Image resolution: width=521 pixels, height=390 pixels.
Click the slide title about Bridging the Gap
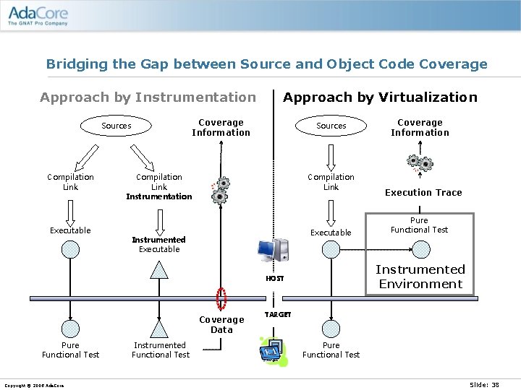point(266,64)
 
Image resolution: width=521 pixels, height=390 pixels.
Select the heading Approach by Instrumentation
point(148,97)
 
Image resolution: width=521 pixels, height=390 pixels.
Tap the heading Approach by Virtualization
point(380,97)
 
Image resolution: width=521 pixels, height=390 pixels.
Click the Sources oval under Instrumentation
point(117,126)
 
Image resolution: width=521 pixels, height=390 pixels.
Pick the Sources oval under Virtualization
point(331,126)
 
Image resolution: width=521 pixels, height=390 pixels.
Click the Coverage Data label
point(221,325)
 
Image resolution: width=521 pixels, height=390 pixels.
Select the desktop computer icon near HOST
point(274,250)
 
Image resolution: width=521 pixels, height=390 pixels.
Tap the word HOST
point(275,278)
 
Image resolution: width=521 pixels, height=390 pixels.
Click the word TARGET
point(278,315)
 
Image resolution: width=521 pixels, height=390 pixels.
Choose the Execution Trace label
point(423,193)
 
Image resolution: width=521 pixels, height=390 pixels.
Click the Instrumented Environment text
point(420,277)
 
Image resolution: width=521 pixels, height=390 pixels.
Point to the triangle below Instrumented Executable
point(158,269)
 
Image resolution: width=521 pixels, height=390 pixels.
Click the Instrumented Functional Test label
point(160,350)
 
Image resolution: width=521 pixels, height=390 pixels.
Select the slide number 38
point(484,385)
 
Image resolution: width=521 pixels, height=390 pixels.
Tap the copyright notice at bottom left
point(33,386)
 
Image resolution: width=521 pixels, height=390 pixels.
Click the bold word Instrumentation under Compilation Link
point(159,196)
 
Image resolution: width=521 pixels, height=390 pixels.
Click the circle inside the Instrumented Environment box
point(420,250)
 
